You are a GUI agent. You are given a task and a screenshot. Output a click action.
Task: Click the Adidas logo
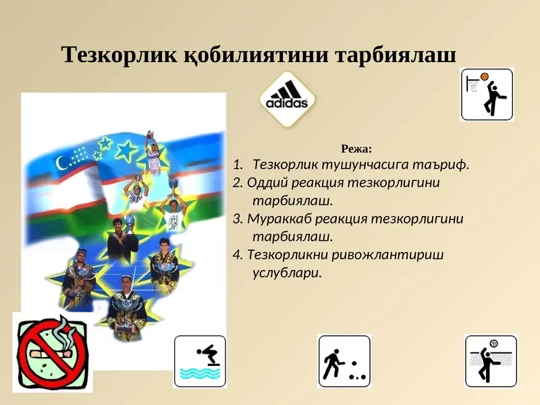pyautogui.click(x=288, y=99)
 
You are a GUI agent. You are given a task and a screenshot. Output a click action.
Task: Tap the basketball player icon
pyautogui.click(x=487, y=94)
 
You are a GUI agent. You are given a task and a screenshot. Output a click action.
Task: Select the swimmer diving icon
pyautogui.click(x=200, y=361)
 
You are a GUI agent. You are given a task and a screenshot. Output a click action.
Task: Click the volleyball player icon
pyautogui.click(x=491, y=361)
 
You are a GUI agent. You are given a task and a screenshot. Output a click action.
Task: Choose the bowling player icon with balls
pyautogui.click(x=344, y=361)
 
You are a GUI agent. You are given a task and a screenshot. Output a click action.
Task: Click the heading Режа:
pyautogui.click(x=357, y=148)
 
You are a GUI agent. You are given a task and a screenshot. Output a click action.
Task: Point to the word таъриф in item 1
pyautogui.click(x=441, y=164)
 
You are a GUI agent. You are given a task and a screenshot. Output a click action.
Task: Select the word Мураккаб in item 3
pyautogui.click(x=277, y=219)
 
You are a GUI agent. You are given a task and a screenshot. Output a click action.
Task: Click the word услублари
pyautogui.click(x=286, y=273)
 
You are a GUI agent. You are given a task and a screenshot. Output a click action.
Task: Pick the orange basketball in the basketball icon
pyautogui.click(x=484, y=77)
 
